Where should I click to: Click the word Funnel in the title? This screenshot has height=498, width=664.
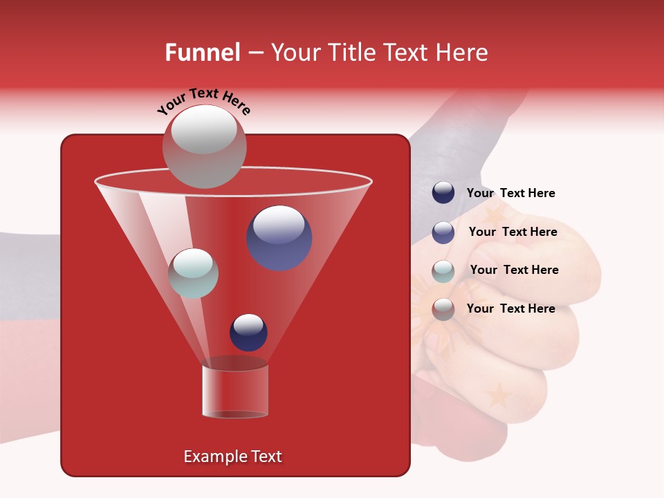click(202, 52)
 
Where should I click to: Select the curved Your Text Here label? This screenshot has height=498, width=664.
click(204, 100)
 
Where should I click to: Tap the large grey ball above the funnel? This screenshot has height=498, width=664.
click(204, 146)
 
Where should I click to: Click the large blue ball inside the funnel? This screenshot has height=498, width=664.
click(279, 238)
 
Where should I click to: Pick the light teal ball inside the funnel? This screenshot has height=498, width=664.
click(194, 273)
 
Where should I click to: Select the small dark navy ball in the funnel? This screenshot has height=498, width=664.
click(248, 332)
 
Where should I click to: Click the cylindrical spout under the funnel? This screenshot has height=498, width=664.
click(235, 391)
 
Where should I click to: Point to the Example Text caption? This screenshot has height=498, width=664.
click(232, 456)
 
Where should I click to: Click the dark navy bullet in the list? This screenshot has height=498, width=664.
click(443, 192)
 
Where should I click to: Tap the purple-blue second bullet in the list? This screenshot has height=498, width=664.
click(443, 232)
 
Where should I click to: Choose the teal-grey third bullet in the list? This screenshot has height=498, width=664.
click(443, 271)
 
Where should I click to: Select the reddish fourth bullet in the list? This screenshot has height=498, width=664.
click(443, 309)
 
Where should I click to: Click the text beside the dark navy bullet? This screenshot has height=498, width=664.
click(510, 193)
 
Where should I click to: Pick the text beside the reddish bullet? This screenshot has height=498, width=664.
click(510, 308)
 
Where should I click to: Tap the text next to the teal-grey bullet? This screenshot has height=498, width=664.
click(514, 270)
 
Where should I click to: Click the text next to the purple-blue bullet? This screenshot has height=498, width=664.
click(513, 232)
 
